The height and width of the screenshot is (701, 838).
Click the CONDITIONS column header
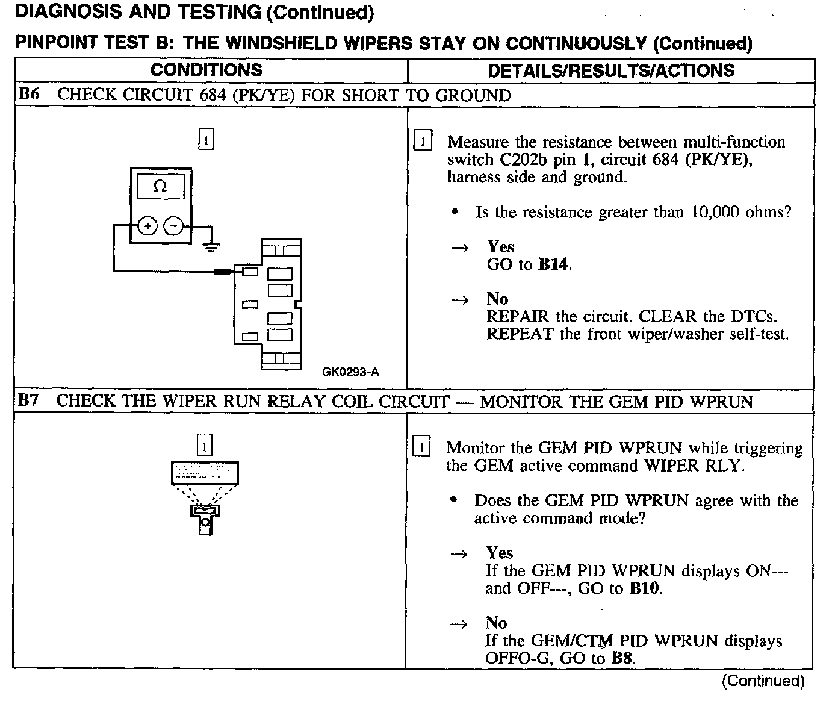point(206,70)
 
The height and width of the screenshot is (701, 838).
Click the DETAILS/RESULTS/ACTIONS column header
point(611,70)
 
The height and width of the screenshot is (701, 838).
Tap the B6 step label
point(29,95)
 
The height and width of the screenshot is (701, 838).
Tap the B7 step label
point(29,400)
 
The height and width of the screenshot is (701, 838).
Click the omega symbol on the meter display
point(160,187)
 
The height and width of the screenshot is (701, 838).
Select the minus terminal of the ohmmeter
point(173,226)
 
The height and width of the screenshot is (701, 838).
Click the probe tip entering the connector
point(224,272)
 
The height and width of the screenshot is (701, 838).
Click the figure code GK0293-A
point(350,372)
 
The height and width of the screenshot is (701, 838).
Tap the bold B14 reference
point(553,264)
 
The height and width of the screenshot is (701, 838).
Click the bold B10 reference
point(645,588)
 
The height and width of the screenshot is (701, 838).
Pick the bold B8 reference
point(622,658)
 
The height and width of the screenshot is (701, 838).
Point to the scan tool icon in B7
point(205,497)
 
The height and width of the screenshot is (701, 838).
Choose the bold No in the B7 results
point(497,623)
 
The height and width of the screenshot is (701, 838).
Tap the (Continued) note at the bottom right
point(763,681)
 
